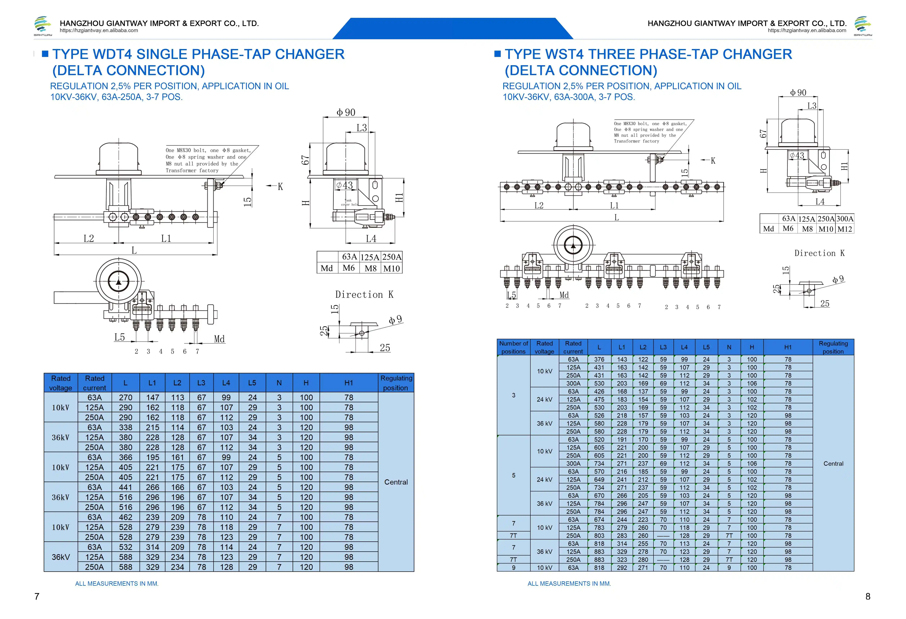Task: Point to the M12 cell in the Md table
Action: click(x=844, y=229)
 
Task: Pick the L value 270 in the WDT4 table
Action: click(x=126, y=397)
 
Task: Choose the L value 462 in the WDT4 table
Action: click(x=126, y=517)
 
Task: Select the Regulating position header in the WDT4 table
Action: click(x=396, y=383)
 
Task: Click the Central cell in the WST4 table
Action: click(x=833, y=464)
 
